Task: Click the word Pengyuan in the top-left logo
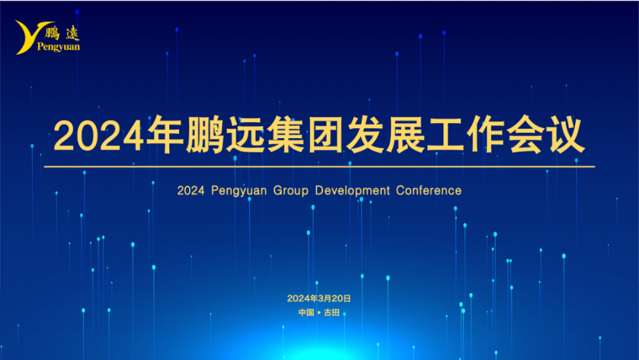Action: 59,47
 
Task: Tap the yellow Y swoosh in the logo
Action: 29,37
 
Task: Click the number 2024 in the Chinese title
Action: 99,136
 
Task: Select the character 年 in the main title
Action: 165,135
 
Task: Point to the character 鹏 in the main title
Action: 205,135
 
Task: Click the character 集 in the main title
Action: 286,135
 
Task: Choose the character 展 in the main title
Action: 406,135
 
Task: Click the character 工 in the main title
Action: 445,135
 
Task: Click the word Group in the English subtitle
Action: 291,191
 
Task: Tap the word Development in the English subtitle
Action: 352,191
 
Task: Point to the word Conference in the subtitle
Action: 428,191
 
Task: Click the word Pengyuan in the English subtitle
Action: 239,191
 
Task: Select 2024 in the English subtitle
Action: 191,191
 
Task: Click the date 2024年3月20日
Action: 319,299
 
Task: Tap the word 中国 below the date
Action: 307,313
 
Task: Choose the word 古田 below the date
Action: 332,313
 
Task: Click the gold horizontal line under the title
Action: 320,167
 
